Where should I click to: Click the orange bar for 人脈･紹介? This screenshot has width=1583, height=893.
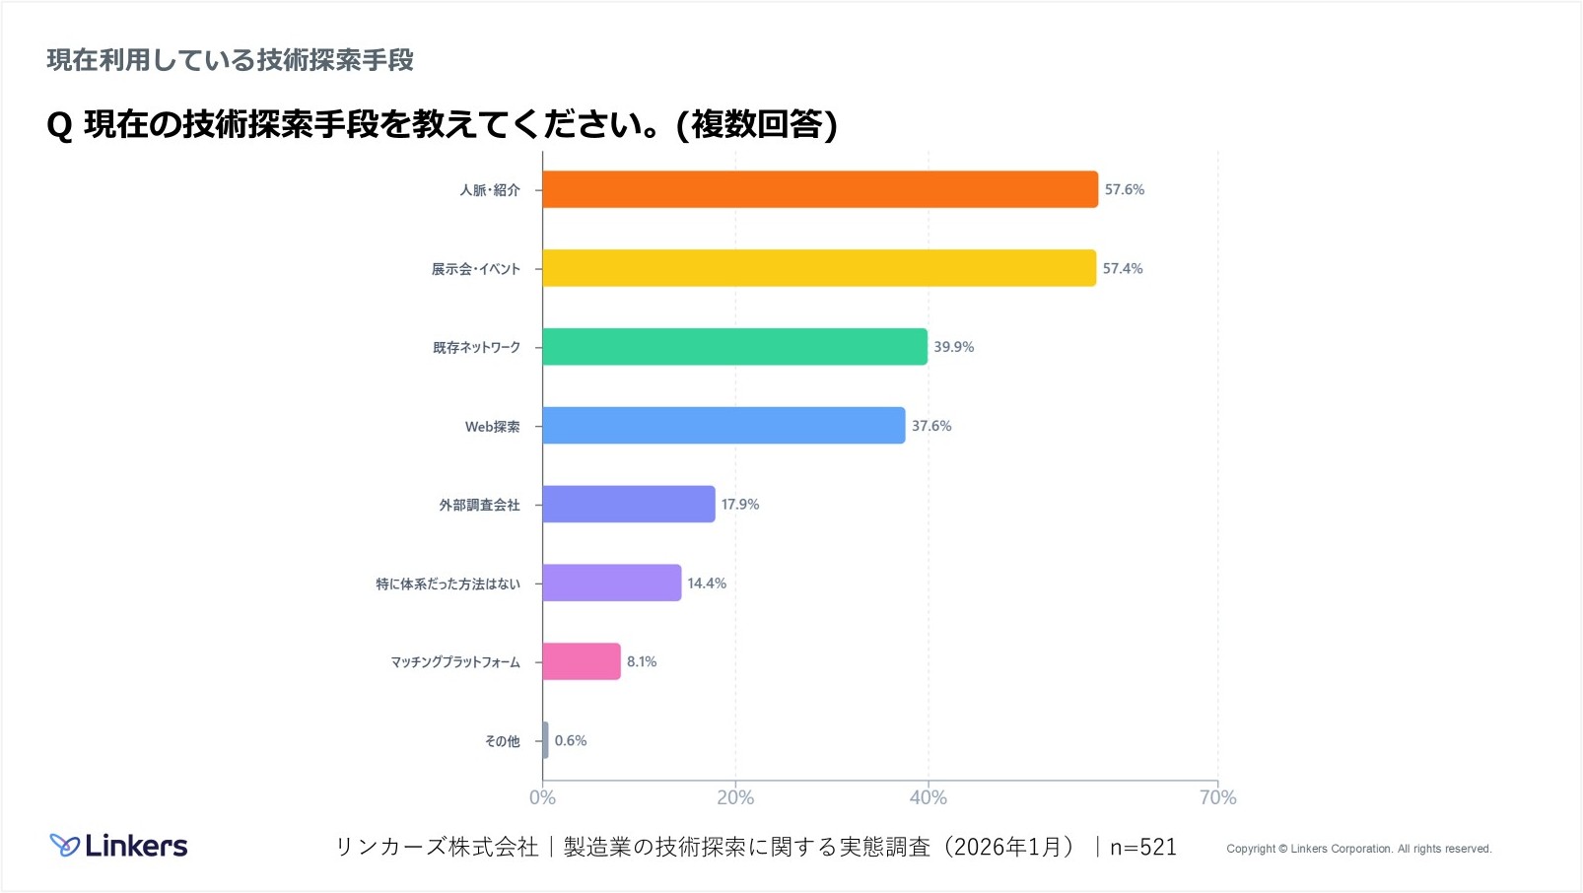tap(819, 189)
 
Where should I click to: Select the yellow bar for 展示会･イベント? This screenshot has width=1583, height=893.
tap(818, 268)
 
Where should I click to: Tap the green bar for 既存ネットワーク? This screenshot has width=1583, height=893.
tap(734, 347)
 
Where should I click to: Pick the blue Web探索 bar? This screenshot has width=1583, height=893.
tap(723, 426)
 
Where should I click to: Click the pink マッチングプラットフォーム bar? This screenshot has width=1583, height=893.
tap(582, 661)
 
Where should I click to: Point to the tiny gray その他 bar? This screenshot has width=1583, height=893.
tap(545, 740)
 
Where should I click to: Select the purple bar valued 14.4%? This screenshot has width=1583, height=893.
tap(611, 583)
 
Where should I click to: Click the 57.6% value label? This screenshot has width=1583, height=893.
tap(1124, 189)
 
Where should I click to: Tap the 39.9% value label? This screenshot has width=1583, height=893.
tap(953, 347)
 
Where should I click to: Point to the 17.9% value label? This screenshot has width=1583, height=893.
tap(739, 505)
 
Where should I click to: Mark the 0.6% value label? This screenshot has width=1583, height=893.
tap(570, 740)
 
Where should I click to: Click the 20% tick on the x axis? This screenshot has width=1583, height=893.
tap(735, 797)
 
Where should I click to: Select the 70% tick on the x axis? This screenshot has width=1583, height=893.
tap(1217, 797)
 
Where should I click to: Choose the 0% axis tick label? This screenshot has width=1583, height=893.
tap(542, 797)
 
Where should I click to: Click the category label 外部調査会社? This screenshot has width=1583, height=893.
tap(479, 505)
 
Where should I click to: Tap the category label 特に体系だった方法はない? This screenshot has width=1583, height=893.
tap(447, 584)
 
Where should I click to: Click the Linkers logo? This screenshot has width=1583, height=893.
tap(118, 846)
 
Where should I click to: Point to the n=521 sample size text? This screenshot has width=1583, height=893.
tap(1142, 847)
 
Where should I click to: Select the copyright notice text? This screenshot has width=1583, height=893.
tap(1358, 849)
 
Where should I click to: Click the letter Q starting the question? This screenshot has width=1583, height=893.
tap(59, 125)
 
